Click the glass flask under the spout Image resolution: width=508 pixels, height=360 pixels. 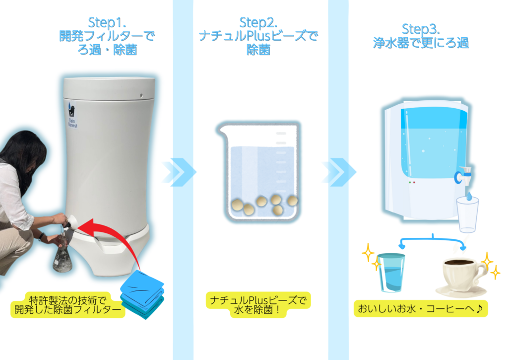[62, 256]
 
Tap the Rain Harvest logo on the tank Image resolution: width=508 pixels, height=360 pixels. [72, 115]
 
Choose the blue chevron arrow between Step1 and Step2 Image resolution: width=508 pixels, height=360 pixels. [179, 172]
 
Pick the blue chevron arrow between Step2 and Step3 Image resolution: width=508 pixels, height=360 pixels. [339, 172]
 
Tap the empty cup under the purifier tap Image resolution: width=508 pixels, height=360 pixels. [467, 215]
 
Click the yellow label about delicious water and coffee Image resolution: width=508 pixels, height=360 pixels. [421, 308]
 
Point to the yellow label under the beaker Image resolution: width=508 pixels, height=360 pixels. [258, 305]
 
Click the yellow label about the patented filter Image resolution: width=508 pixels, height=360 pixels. [67, 305]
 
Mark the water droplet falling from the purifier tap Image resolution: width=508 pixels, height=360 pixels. [469, 196]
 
